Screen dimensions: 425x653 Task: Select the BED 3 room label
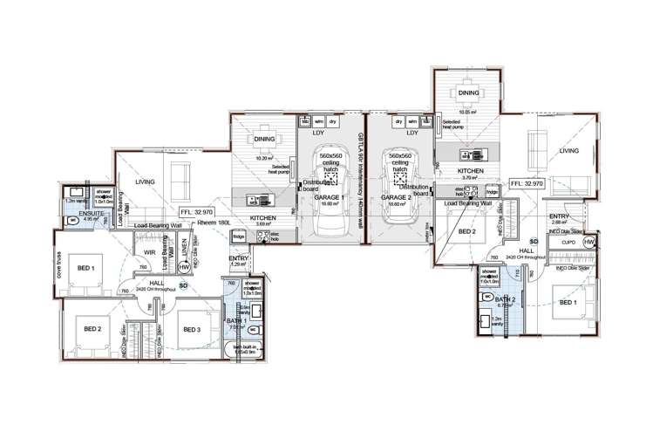tap(193, 329)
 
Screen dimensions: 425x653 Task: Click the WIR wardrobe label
tap(150, 254)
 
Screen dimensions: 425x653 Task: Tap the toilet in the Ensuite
tap(73, 221)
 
